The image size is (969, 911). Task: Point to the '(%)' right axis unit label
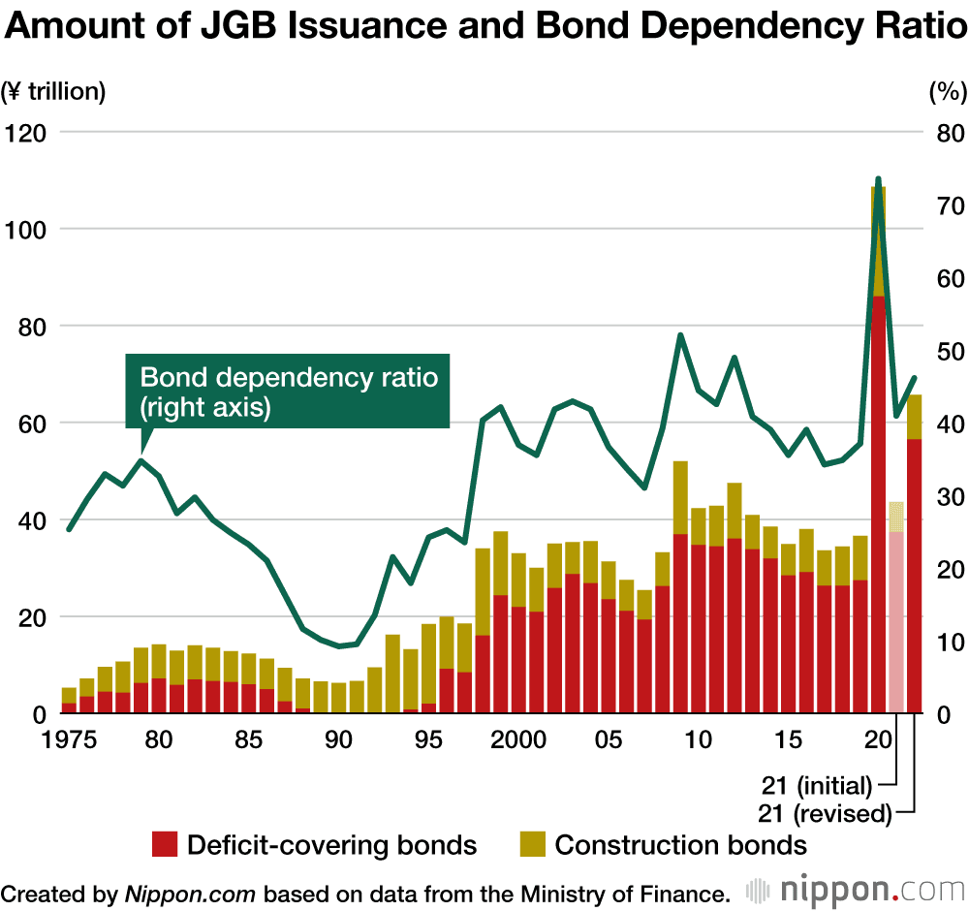pos(947,93)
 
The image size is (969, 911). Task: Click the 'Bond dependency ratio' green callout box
pos(288,392)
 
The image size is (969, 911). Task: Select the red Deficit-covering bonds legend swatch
pos(165,845)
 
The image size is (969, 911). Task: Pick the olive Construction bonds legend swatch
pos(533,845)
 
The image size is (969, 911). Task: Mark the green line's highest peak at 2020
pos(879,179)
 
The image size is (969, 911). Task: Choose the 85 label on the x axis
pos(249,739)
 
